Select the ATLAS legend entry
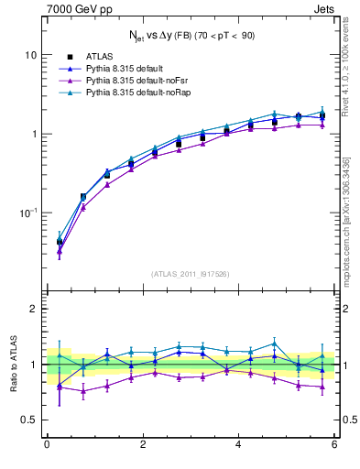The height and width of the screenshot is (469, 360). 98,57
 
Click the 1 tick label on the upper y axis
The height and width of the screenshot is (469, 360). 34,134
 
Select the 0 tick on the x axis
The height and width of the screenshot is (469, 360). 47,445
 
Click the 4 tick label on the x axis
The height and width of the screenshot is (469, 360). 238,445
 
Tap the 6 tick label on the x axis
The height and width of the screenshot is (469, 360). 334,445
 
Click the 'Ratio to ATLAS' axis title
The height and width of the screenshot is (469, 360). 12,365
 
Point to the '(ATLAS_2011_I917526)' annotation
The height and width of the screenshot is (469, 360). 190,274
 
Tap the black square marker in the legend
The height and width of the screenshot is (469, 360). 70,57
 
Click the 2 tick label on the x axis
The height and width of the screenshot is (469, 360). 143,445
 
